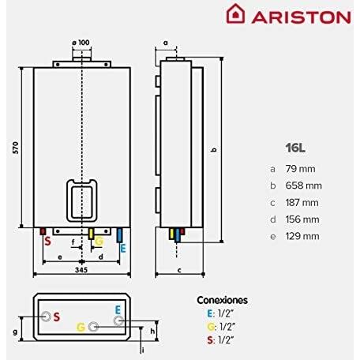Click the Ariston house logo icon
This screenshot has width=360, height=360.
235,14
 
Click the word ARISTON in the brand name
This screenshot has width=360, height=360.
301,17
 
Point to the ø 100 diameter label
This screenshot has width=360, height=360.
81,43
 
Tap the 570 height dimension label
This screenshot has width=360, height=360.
16,148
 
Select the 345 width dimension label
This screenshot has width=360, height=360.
81,270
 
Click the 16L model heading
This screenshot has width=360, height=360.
295,148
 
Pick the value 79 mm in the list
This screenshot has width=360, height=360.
300,169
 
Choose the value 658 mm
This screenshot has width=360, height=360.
303,186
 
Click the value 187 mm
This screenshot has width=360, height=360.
302,203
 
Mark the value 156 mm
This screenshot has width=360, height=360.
302,219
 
